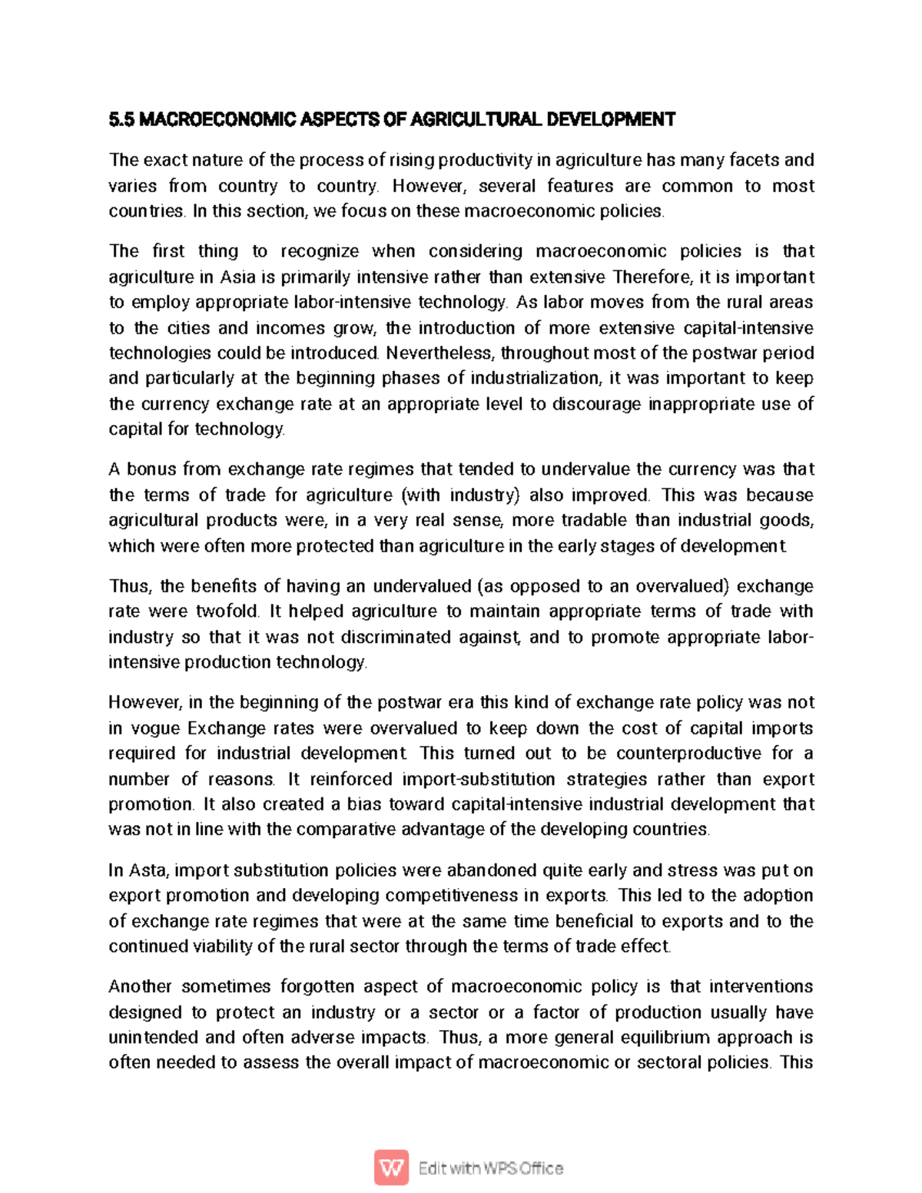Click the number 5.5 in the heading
pyautogui.click(x=121, y=119)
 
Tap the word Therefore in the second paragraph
pyautogui.click(x=652, y=277)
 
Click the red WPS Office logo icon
pyautogui.click(x=391, y=1168)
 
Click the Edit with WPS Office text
pyautogui.click(x=491, y=1168)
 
